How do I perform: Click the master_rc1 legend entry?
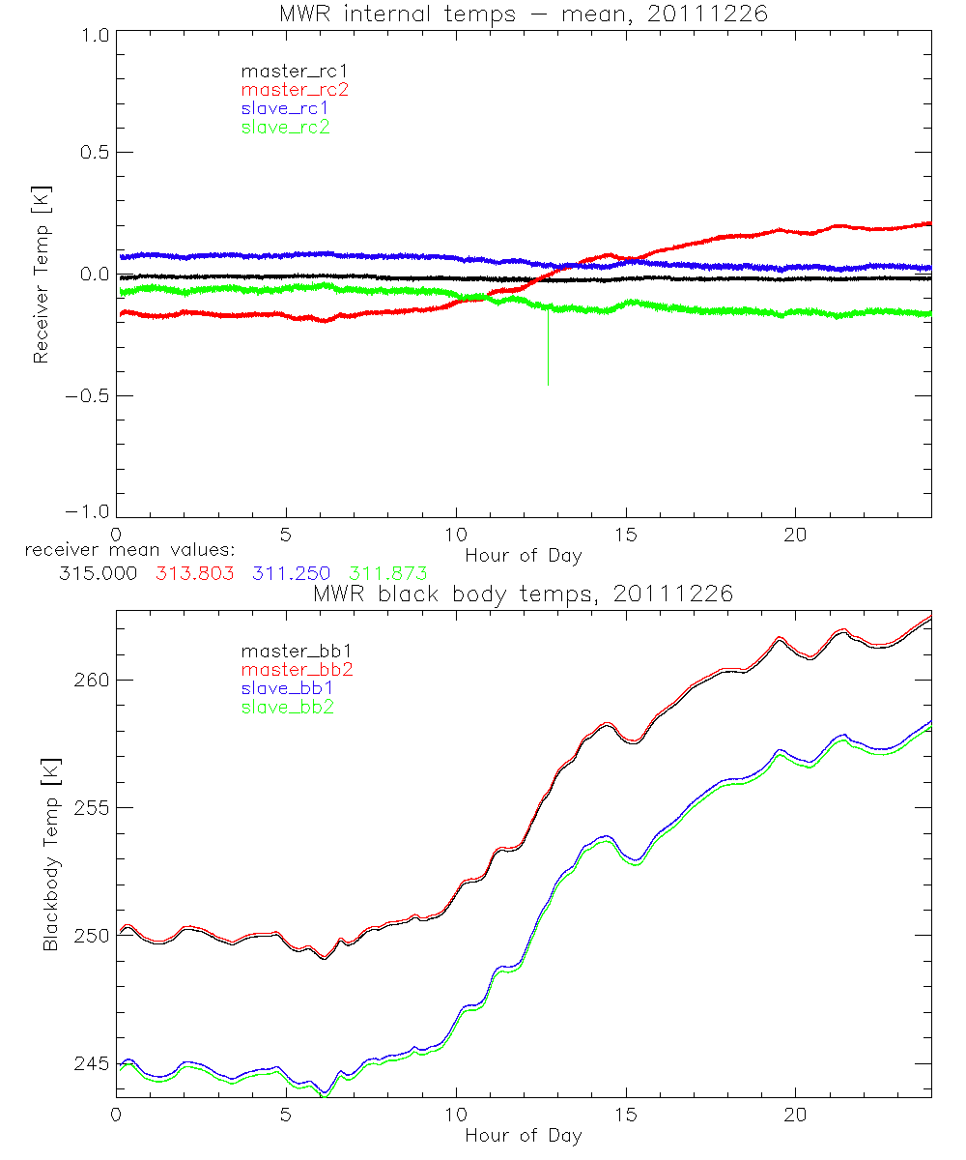coord(285,71)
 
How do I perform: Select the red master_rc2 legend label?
coord(295,89)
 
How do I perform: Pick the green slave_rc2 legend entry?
coord(285,127)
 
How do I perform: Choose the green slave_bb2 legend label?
coord(289,708)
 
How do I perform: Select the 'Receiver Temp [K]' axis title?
coord(41,275)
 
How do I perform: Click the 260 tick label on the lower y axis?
coord(93,680)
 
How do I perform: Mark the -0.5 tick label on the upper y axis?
coord(84,396)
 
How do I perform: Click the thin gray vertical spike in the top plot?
coord(548,348)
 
